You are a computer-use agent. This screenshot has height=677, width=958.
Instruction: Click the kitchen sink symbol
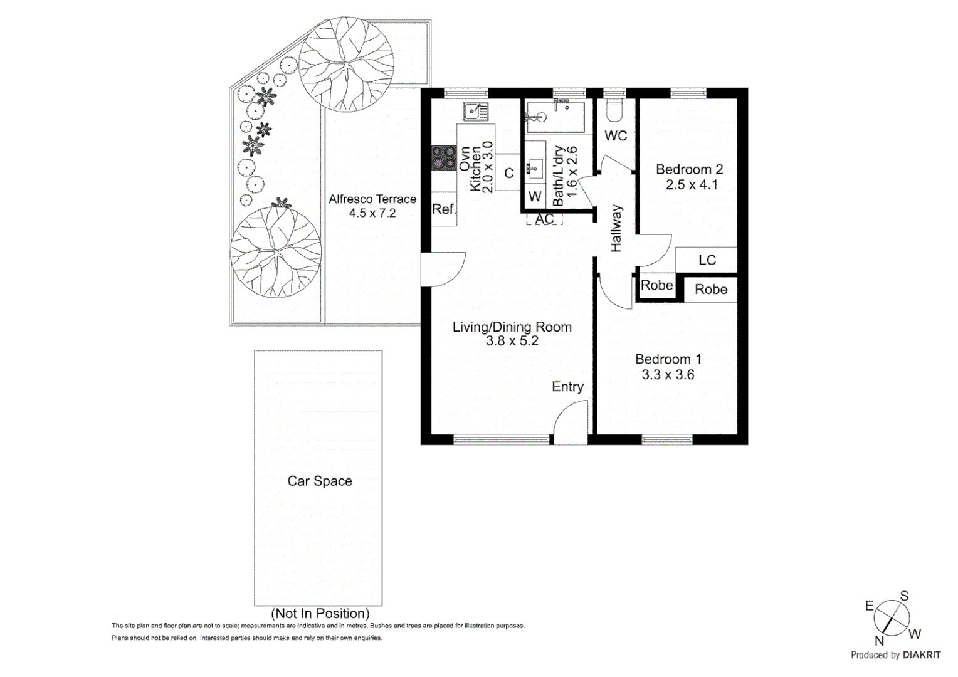(x=476, y=112)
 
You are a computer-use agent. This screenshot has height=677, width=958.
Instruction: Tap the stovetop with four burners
(x=444, y=158)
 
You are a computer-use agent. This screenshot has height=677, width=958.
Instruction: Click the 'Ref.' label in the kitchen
(x=444, y=209)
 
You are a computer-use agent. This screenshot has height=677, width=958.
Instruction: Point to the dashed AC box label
(x=544, y=219)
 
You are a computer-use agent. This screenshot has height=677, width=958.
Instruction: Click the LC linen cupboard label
(x=707, y=260)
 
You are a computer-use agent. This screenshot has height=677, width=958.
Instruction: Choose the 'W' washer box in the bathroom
(x=535, y=197)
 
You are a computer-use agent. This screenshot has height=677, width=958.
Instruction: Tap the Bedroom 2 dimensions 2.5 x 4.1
(x=692, y=185)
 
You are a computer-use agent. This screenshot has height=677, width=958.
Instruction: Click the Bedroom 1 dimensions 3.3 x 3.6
(x=668, y=375)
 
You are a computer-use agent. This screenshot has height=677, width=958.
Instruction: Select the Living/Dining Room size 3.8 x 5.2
(x=512, y=341)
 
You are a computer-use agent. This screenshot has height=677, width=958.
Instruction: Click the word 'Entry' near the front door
(x=567, y=387)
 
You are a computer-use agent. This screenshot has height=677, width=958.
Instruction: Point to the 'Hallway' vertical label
(x=616, y=229)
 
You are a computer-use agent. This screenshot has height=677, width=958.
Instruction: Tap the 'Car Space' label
(x=320, y=481)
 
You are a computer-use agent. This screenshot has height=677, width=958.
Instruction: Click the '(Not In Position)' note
(x=320, y=614)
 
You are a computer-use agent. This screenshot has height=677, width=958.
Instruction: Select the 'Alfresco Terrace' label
(x=372, y=199)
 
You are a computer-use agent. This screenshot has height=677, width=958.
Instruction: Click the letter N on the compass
(x=879, y=641)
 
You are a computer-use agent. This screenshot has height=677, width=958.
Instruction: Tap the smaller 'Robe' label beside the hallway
(x=656, y=286)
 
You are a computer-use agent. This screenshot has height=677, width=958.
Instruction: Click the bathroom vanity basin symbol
(x=535, y=168)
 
